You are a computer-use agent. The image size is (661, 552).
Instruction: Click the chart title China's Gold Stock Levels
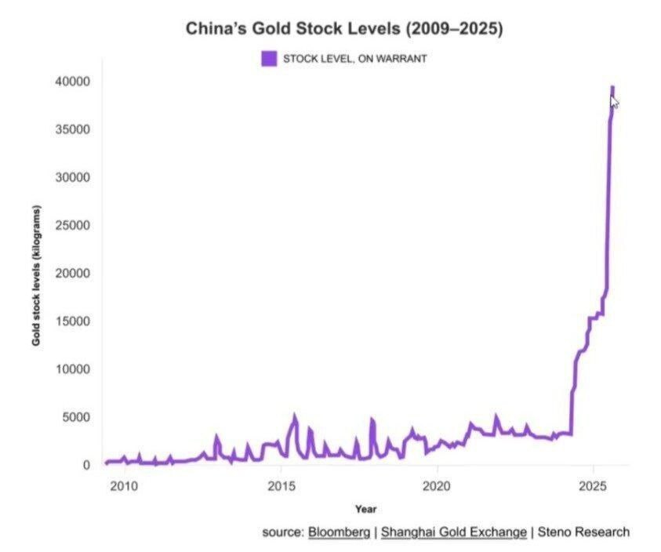click(x=344, y=29)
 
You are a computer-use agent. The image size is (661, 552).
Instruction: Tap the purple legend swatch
click(x=269, y=58)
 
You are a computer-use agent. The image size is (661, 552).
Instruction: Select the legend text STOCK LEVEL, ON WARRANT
click(x=354, y=59)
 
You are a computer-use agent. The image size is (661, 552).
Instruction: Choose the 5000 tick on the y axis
click(x=77, y=417)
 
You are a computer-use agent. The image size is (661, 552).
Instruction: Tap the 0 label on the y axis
click(x=88, y=465)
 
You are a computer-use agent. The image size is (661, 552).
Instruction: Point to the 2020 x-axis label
click(x=437, y=486)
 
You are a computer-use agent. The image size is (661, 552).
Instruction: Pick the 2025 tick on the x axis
click(x=594, y=486)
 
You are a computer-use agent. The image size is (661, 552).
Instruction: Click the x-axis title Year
click(x=365, y=509)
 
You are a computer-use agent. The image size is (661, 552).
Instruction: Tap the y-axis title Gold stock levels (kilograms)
click(x=36, y=276)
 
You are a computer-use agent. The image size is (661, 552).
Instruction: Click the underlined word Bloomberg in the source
click(x=339, y=532)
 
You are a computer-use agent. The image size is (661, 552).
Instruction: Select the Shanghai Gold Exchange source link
click(x=454, y=532)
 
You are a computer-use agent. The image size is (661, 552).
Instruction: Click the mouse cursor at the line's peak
click(x=615, y=102)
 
